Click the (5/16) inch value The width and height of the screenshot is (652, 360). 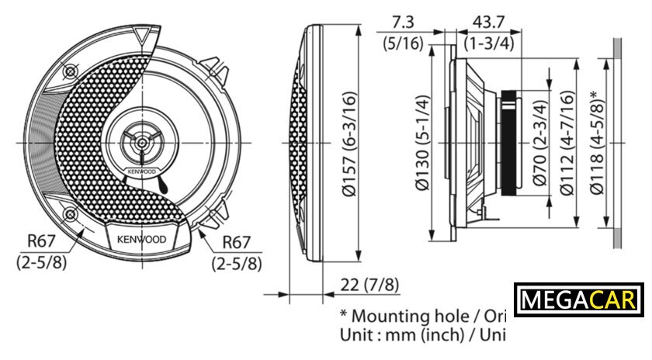click(x=404, y=43)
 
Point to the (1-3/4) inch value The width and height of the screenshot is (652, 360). click(x=489, y=43)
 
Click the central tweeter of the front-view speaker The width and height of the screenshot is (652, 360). click(x=141, y=143)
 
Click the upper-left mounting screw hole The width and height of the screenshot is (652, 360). click(x=71, y=71)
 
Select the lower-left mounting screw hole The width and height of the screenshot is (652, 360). click(x=71, y=214)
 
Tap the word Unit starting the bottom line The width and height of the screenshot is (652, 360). click(x=357, y=337)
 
